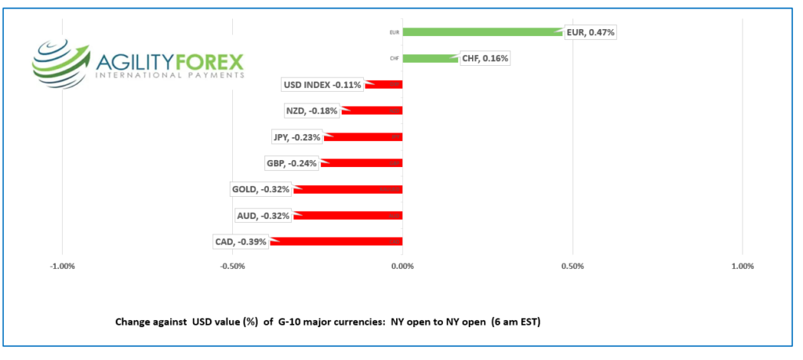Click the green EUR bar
coord(482,32)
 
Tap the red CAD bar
coord(337,242)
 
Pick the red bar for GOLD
coord(348,189)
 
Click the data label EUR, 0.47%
coord(590,32)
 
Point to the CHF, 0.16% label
coord(484,58)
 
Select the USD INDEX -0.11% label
coord(322,85)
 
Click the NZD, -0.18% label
coord(312,111)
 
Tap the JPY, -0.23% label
coord(297,137)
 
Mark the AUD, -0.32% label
coord(263,216)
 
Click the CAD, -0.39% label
coord(241,242)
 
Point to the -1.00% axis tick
coord(62,267)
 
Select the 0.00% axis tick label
coord(402,267)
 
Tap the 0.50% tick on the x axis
coord(572,267)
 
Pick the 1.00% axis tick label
coord(742,267)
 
